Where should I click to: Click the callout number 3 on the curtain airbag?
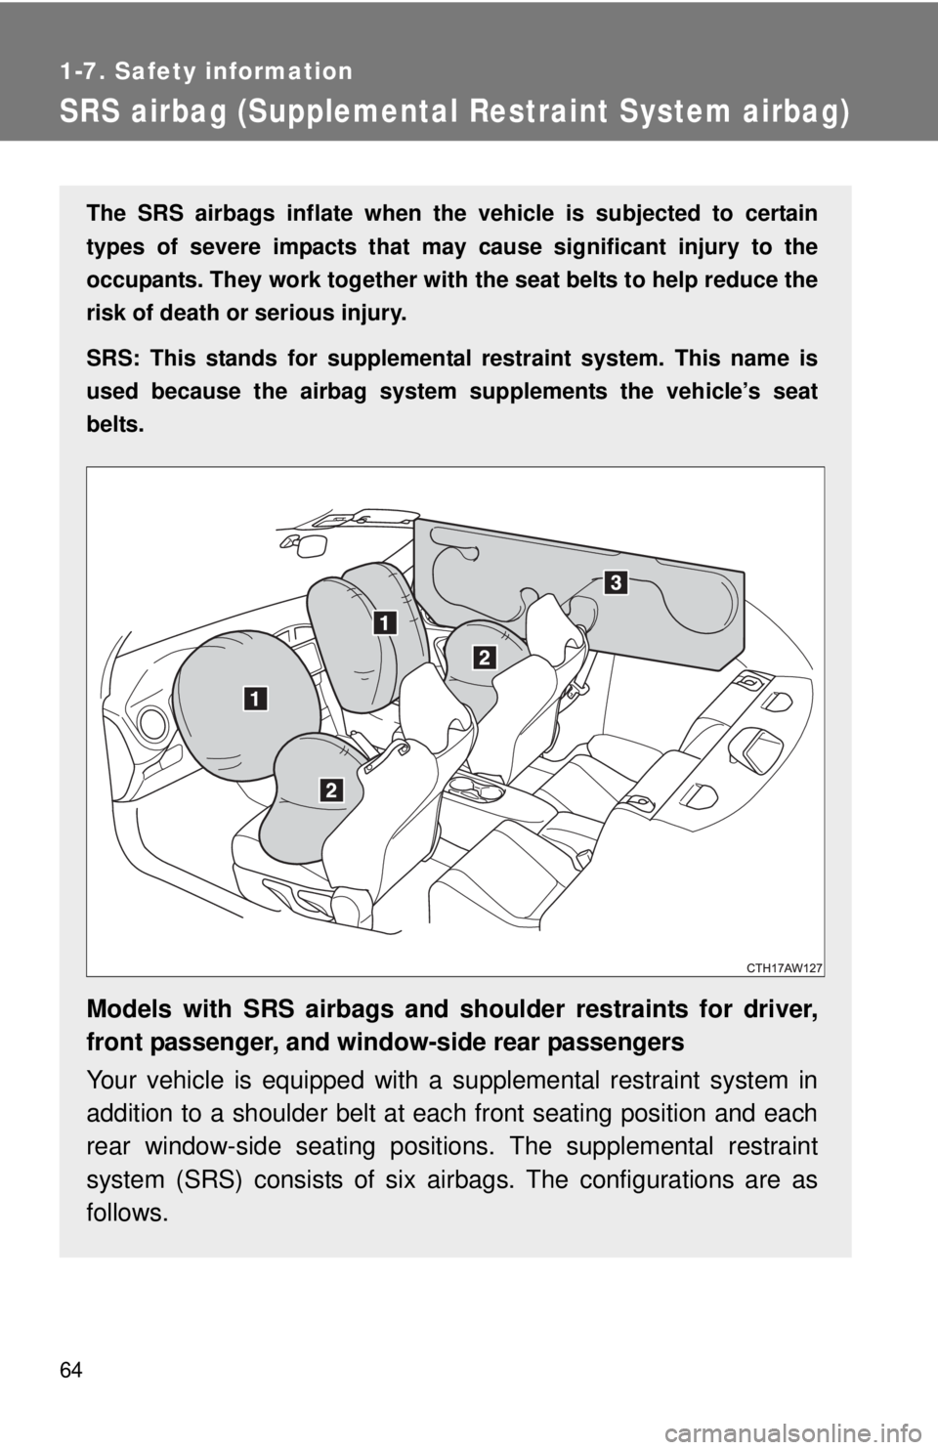point(614,583)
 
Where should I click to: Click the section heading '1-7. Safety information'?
point(205,70)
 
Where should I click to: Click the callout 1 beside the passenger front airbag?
point(384,622)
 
